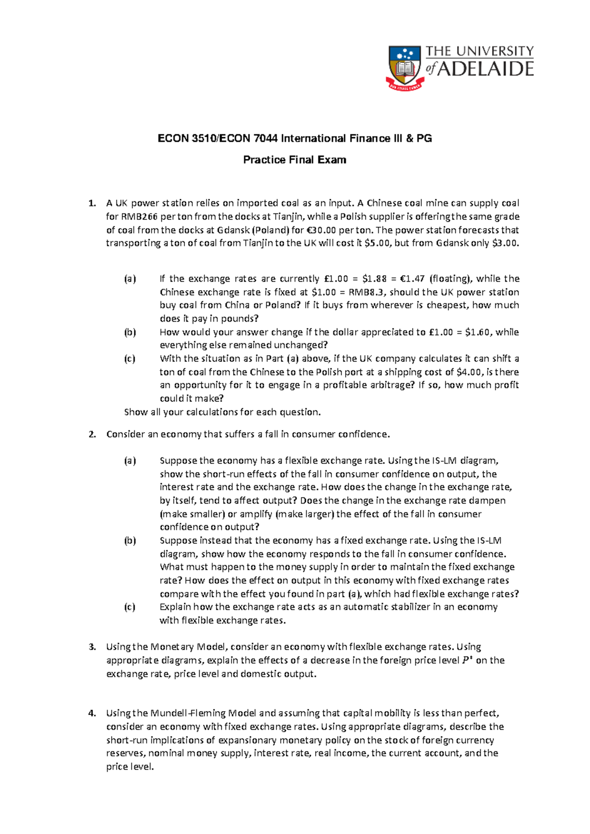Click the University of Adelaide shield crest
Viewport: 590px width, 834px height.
tap(405, 67)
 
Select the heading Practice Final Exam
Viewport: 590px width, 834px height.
tap(295, 160)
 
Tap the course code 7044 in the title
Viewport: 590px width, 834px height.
tap(266, 139)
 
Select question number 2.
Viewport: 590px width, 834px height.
tap(92, 434)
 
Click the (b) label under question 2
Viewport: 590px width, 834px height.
tap(130, 540)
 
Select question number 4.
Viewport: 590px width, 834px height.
tap(92, 714)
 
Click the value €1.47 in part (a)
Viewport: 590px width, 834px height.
tap(412, 279)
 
